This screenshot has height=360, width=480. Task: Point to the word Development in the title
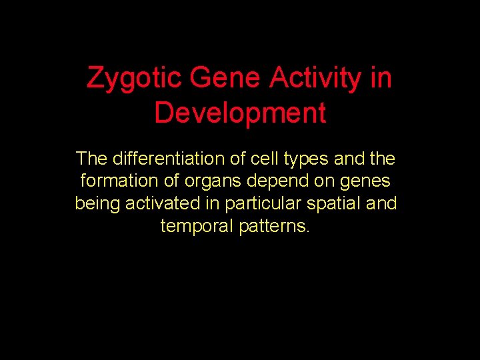click(240, 113)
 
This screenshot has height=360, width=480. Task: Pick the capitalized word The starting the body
click(91, 159)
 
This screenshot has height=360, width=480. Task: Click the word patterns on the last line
click(273, 227)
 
